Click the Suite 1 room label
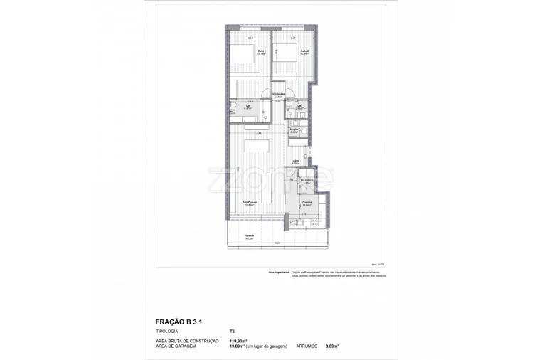coord(260,52)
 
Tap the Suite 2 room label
coord(304,52)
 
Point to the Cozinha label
coord(307,203)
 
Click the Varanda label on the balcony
coord(249,237)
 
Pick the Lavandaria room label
coord(307,181)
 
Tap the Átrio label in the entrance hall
coord(295,162)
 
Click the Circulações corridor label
coord(279,95)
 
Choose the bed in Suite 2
coord(284,56)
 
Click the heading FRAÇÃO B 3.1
coord(180,321)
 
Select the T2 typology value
coord(232,332)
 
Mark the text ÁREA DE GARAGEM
coord(177,346)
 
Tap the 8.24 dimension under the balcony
coord(277,244)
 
